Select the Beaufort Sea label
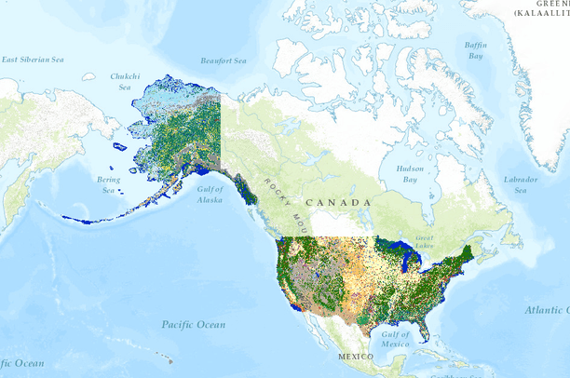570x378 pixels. click(224, 61)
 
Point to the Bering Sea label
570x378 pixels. click(109, 184)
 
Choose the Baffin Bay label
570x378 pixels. click(476, 51)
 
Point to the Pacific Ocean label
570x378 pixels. click(194, 324)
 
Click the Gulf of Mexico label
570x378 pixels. click(395, 340)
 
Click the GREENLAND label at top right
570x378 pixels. click(542, 9)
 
